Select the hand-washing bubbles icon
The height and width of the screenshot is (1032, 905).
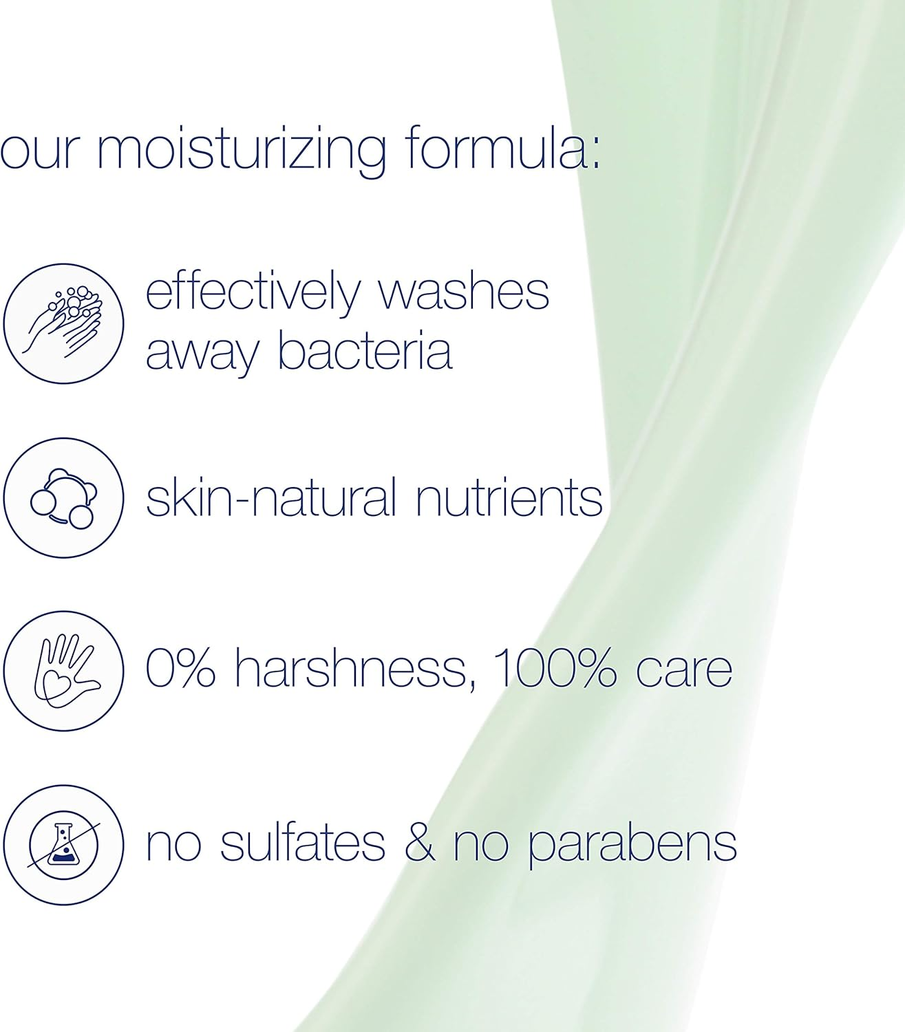pyautogui.click(x=63, y=323)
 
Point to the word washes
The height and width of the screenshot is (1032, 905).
pyautogui.click(x=464, y=292)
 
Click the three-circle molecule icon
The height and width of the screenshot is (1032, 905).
pyautogui.click(x=63, y=497)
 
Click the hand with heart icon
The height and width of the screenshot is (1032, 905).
pyautogui.click(x=63, y=669)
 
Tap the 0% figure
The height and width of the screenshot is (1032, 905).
pyautogui.click(x=180, y=668)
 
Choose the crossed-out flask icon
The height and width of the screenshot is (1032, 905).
pyautogui.click(x=63, y=844)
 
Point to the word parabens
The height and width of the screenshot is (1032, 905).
pyautogui.click(x=632, y=845)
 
